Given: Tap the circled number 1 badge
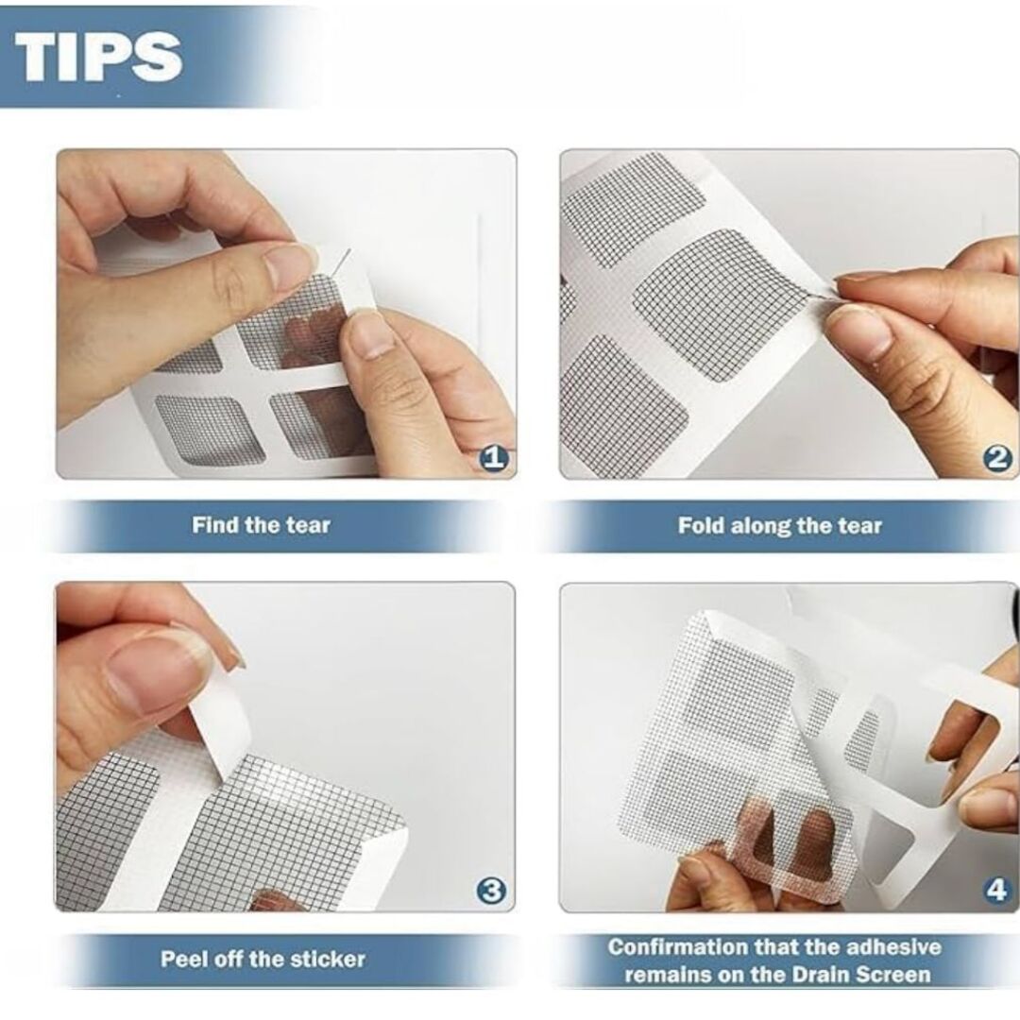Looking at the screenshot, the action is [x=494, y=458].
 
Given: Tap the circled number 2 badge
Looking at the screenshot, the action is [x=996, y=458].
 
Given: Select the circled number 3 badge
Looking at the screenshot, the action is [x=491, y=891].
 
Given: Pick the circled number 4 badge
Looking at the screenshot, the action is [x=996, y=891].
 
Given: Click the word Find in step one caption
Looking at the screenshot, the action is [x=214, y=525].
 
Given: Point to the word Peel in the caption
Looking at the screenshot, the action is [x=183, y=959].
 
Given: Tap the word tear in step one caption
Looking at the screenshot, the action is [x=308, y=525].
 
